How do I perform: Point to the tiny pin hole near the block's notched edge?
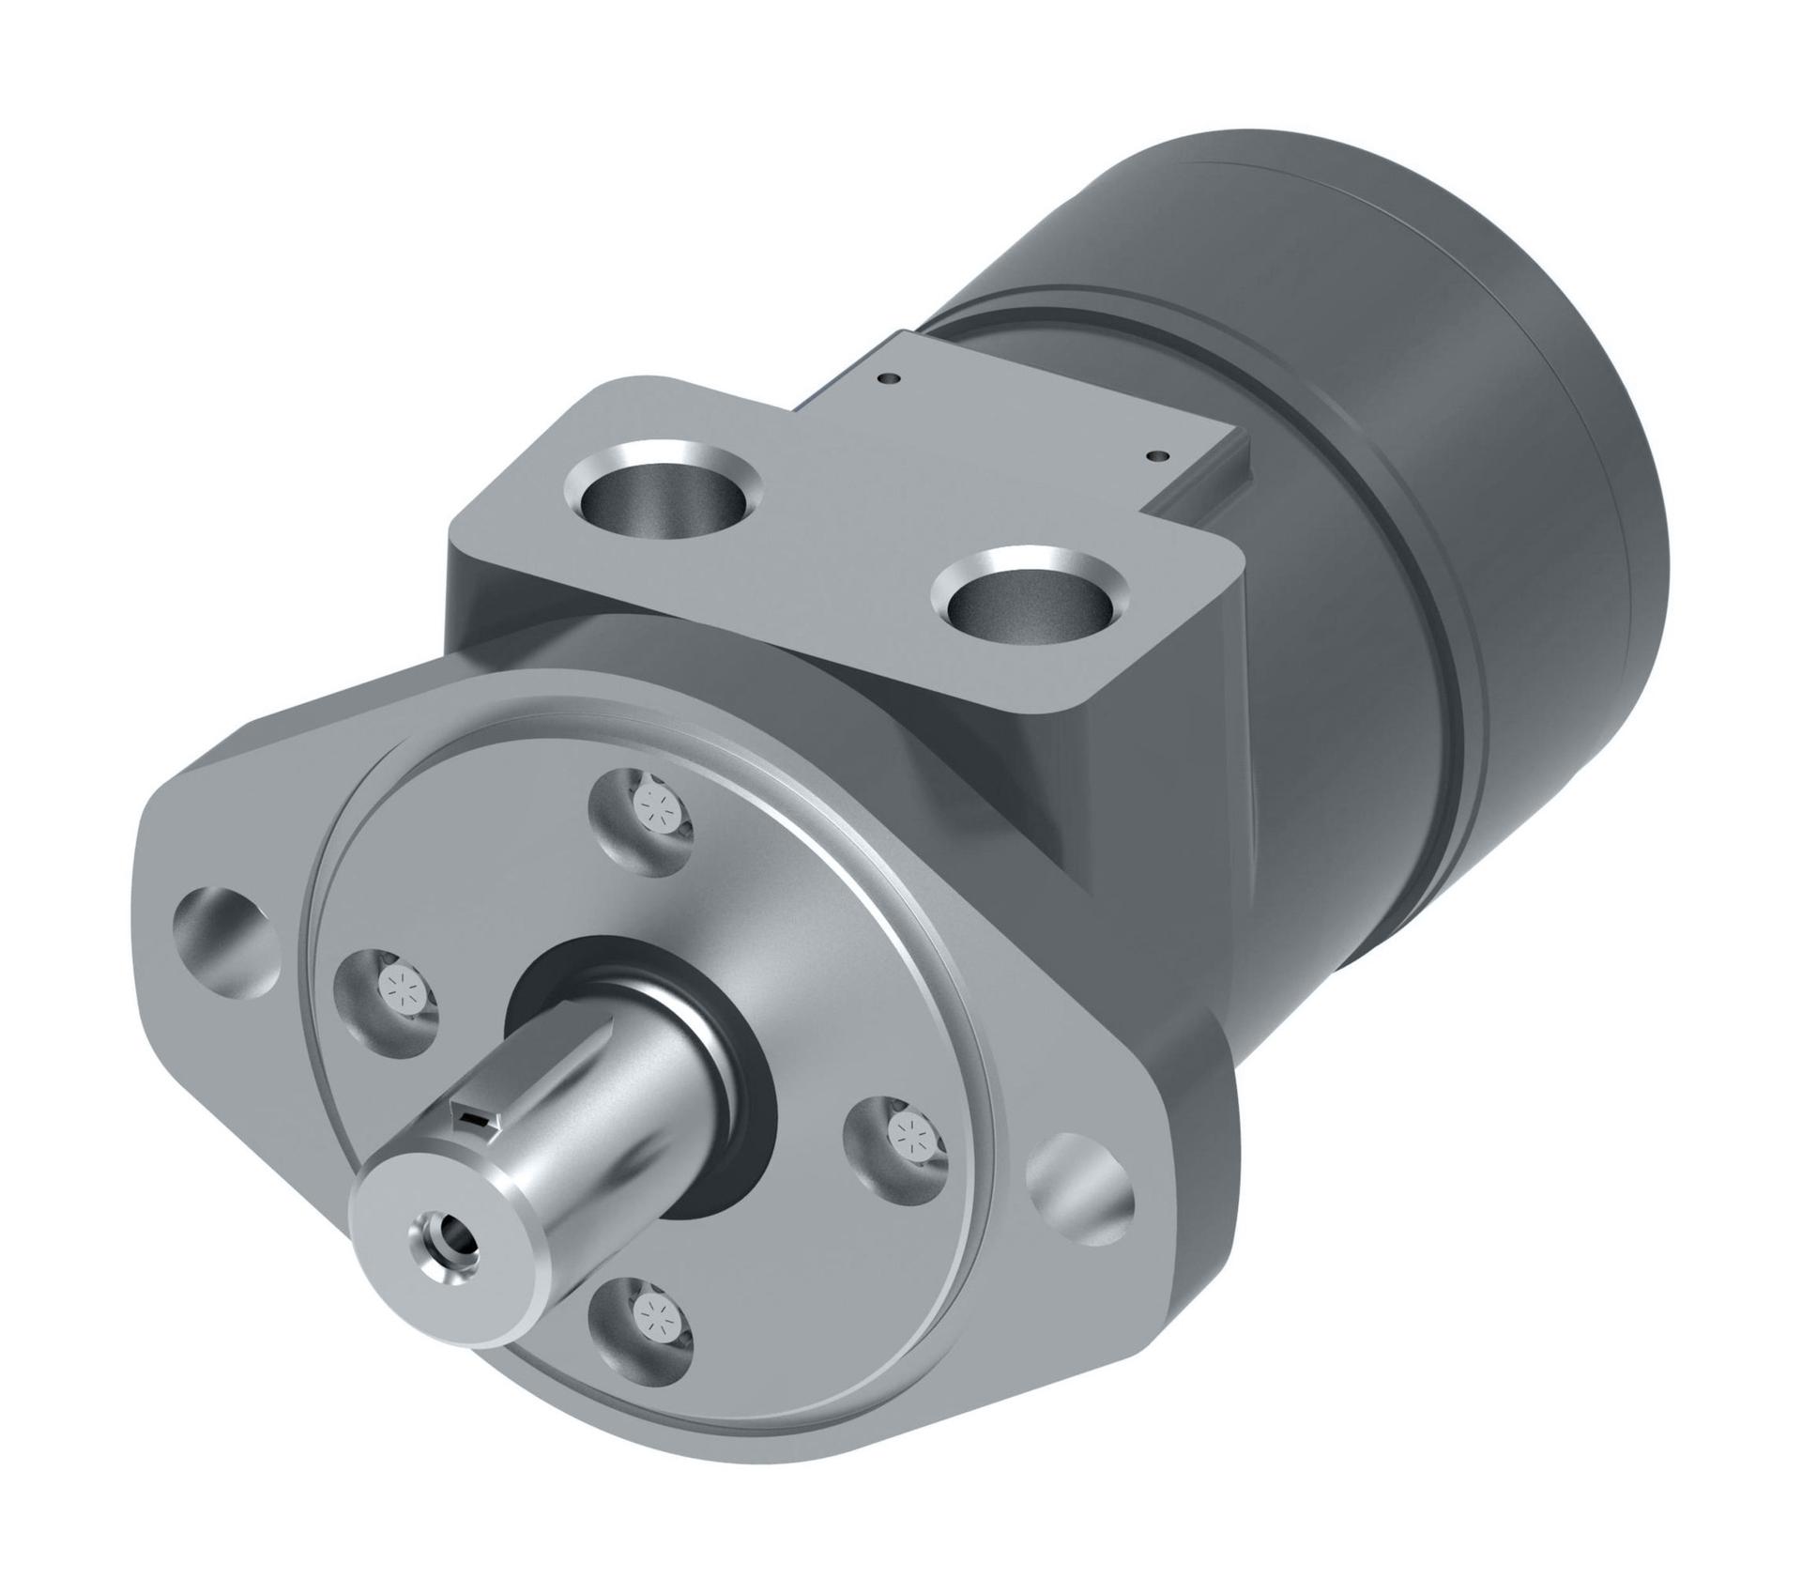(1160, 455)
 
